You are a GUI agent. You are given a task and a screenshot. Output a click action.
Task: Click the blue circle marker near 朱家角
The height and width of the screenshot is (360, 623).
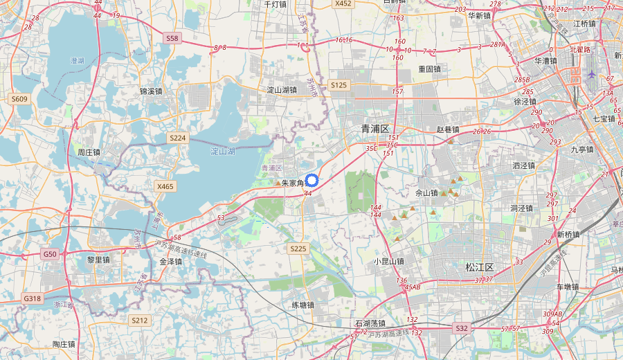pyautogui.click(x=311, y=181)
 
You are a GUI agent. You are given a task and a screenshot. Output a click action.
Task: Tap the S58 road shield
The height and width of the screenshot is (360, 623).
pyautogui.click(x=172, y=38)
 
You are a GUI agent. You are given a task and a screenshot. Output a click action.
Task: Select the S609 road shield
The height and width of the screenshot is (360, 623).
pyautogui.click(x=19, y=99)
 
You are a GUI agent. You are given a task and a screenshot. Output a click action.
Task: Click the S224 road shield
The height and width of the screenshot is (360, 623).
pyautogui.click(x=178, y=138)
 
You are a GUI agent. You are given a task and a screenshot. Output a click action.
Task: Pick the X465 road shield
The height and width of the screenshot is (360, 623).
pyautogui.click(x=166, y=186)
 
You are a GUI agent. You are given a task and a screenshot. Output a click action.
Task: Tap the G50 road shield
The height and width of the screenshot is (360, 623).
pyautogui.click(x=50, y=254)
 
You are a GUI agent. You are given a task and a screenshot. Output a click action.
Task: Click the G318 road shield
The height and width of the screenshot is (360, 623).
pyautogui.click(x=32, y=298)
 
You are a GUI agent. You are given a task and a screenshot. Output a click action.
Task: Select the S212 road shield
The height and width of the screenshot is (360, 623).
pyautogui.click(x=139, y=320)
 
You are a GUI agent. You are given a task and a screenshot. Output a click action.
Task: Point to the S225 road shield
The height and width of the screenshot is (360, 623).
pyautogui.click(x=298, y=248)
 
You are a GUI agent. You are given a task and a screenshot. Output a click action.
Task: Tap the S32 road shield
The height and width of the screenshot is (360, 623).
pyautogui.click(x=462, y=327)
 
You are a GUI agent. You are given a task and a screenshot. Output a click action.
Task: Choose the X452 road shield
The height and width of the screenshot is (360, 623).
pyautogui.click(x=343, y=3)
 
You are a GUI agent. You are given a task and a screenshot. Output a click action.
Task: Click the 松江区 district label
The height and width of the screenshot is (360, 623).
pyautogui.click(x=479, y=267)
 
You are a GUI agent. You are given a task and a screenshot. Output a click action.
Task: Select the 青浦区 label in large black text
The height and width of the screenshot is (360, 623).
pyautogui.click(x=376, y=129)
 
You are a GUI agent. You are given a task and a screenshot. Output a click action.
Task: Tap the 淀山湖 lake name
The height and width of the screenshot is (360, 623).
pyautogui.click(x=224, y=151)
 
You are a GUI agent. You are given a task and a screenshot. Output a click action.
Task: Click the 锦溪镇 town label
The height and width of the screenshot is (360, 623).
pyautogui.click(x=151, y=91)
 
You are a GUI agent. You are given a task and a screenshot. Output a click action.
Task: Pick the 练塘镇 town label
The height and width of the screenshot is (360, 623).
pyautogui.click(x=302, y=305)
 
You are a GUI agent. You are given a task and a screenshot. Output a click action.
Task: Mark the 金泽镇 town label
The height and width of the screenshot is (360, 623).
pyautogui.click(x=170, y=262)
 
